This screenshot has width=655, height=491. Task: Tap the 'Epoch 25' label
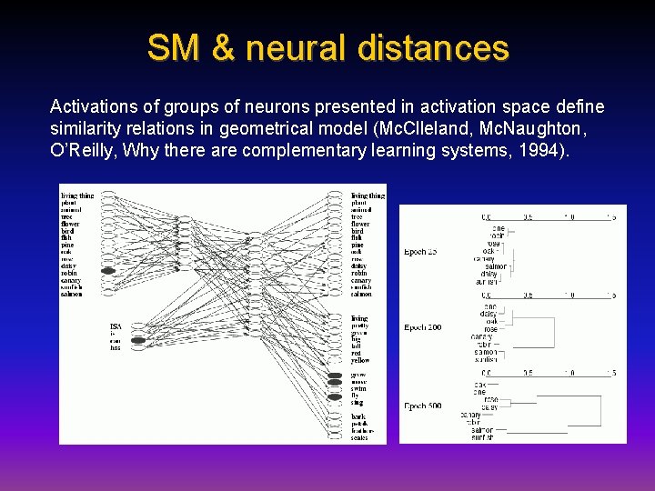[421, 252]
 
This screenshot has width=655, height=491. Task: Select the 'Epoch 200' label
[423, 327]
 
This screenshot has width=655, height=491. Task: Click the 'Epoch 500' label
[423, 405]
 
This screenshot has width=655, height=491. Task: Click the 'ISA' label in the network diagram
[116, 326]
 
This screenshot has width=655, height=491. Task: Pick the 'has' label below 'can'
[115, 347]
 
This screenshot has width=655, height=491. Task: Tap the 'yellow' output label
[361, 361]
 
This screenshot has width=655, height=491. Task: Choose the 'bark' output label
[359, 416]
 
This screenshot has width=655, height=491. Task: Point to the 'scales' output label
[360, 438]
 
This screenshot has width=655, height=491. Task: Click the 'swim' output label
[359, 388]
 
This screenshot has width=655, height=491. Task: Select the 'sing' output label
[358, 403]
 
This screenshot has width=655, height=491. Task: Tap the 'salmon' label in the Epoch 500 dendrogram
[482, 430]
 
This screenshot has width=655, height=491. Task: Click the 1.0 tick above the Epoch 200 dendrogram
[569, 295]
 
